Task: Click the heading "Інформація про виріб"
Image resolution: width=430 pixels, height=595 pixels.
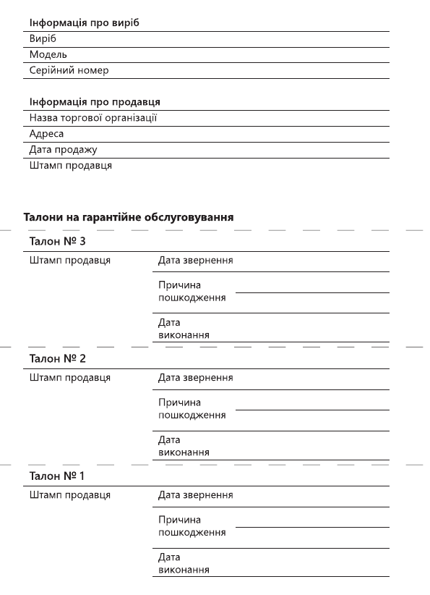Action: [x=84, y=22]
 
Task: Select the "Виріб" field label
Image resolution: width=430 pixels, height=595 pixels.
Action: [x=43, y=39]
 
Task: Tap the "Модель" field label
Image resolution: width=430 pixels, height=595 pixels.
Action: [x=48, y=55]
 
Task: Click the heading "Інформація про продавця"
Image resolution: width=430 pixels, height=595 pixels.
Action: [x=95, y=101]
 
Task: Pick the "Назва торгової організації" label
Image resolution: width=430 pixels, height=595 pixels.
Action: [x=93, y=118]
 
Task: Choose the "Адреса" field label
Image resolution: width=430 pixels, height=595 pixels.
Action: [x=46, y=134]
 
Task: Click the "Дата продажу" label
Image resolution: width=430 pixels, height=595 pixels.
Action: [x=64, y=150]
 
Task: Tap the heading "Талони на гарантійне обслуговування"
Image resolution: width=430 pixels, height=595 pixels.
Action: [x=129, y=216]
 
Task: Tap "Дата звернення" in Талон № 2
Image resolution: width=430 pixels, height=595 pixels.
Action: [x=195, y=378]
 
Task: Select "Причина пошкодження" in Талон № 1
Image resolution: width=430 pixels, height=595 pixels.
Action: [x=192, y=526]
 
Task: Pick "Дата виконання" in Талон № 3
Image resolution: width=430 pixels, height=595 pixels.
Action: [x=184, y=329]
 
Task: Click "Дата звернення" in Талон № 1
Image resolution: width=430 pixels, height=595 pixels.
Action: [x=195, y=495]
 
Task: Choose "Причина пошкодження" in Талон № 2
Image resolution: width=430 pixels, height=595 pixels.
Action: [x=192, y=409]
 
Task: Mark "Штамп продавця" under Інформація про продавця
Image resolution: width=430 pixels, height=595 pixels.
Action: [x=70, y=166]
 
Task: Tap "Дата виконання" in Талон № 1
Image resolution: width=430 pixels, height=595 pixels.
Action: [x=184, y=564]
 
